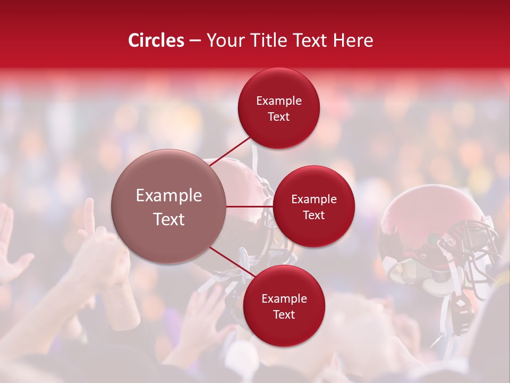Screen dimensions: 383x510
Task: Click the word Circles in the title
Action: [156, 40]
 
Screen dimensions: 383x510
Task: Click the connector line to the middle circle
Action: [250, 206]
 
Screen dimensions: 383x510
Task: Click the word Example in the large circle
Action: [168, 196]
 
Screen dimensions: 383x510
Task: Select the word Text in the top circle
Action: [278, 117]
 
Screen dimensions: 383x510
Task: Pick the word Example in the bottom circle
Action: [284, 299]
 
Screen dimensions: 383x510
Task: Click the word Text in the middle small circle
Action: [313, 215]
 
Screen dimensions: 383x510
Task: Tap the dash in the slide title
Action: [195, 41]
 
